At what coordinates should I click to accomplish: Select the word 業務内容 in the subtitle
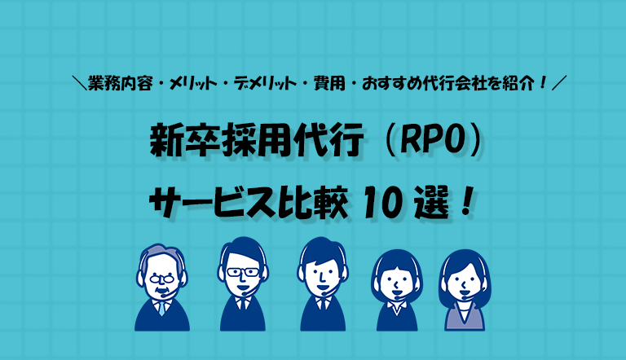pyautogui.click(x=121, y=83)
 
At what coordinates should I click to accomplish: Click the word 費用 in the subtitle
pyautogui.click(x=329, y=83)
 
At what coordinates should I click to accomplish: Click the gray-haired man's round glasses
pyautogui.click(x=161, y=279)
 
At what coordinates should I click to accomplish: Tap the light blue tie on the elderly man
pyautogui.click(x=161, y=308)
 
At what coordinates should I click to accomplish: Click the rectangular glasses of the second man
pyautogui.click(x=243, y=272)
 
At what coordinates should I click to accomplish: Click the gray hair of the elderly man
pyautogui.click(x=161, y=252)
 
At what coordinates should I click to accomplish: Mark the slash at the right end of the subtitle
pyautogui.click(x=559, y=83)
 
